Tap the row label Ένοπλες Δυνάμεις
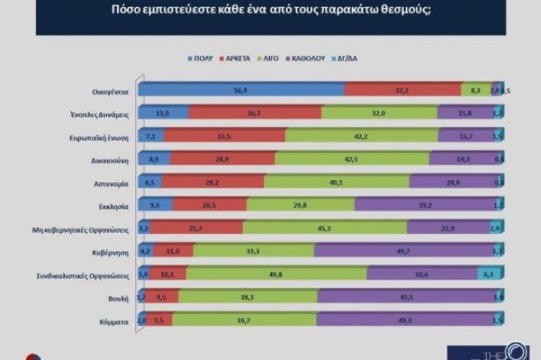pos(101,113)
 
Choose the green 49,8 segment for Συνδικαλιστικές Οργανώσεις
pos(277,275)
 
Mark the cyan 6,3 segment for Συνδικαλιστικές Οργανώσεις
pos(488,275)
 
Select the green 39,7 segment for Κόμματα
pos(245,320)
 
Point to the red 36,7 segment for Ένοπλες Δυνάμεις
pos(255,113)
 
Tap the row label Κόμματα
pos(116,320)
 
